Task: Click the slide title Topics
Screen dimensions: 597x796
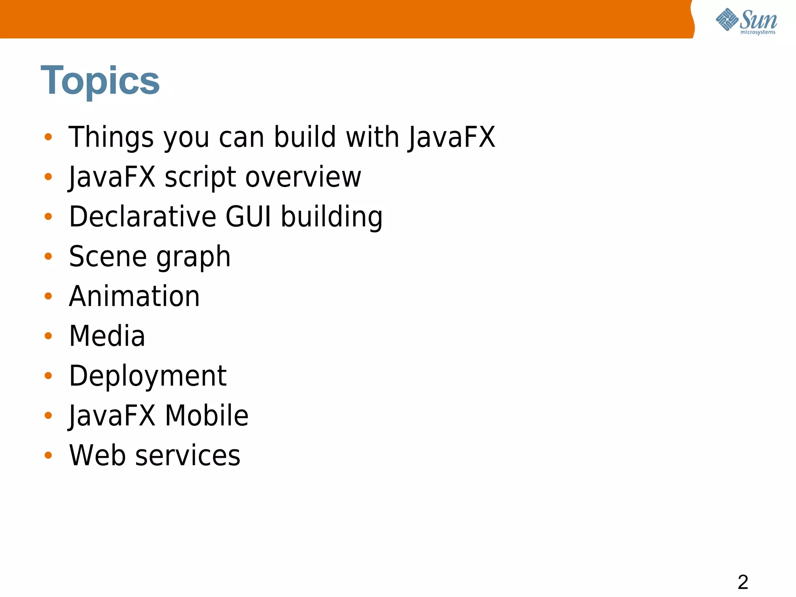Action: click(x=100, y=80)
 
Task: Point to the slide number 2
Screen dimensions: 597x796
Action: click(x=743, y=582)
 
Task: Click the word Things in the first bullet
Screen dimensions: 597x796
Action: click(x=111, y=137)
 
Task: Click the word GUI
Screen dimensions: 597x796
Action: click(x=248, y=216)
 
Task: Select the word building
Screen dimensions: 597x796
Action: click(x=332, y=217)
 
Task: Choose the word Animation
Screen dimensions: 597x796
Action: click(x=134, y=296)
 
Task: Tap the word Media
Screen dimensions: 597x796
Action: click(x=107, y=336)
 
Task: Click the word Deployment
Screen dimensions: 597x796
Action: click(x=148, y=376)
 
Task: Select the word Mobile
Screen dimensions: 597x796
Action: click(x=206, y=415)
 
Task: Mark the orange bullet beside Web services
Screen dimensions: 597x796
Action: click(x=48, y=455)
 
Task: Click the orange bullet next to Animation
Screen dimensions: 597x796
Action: click(x=48, y=296)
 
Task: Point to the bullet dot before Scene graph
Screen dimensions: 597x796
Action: click(x=48, y=256)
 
